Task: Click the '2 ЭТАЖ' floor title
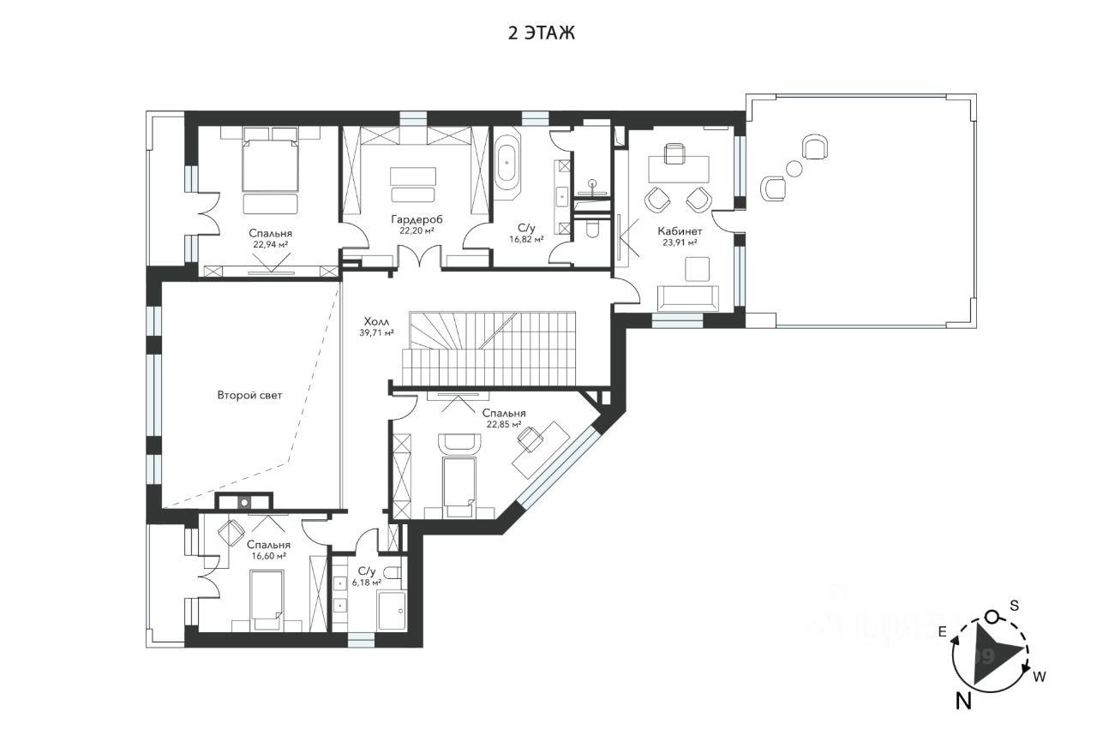click(541, 33)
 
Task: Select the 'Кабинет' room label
click(680, 231)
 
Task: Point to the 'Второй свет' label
click(249, 395)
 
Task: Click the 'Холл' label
click(376, 321)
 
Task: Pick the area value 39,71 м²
click(376, 333)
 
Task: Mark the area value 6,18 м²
click(367, 583)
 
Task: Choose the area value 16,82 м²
click(526, 239)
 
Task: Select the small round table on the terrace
click(794, 169)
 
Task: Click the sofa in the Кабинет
click(688, 297)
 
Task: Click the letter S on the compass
click(1015, 607)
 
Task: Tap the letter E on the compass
click(942, 632)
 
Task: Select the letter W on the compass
click(1040, 677)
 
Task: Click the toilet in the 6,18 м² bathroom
click(393, 572)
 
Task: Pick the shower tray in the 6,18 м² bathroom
click(392, 611)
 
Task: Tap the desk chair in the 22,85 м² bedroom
click(530, 439)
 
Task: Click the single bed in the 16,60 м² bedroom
click(267, 601)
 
